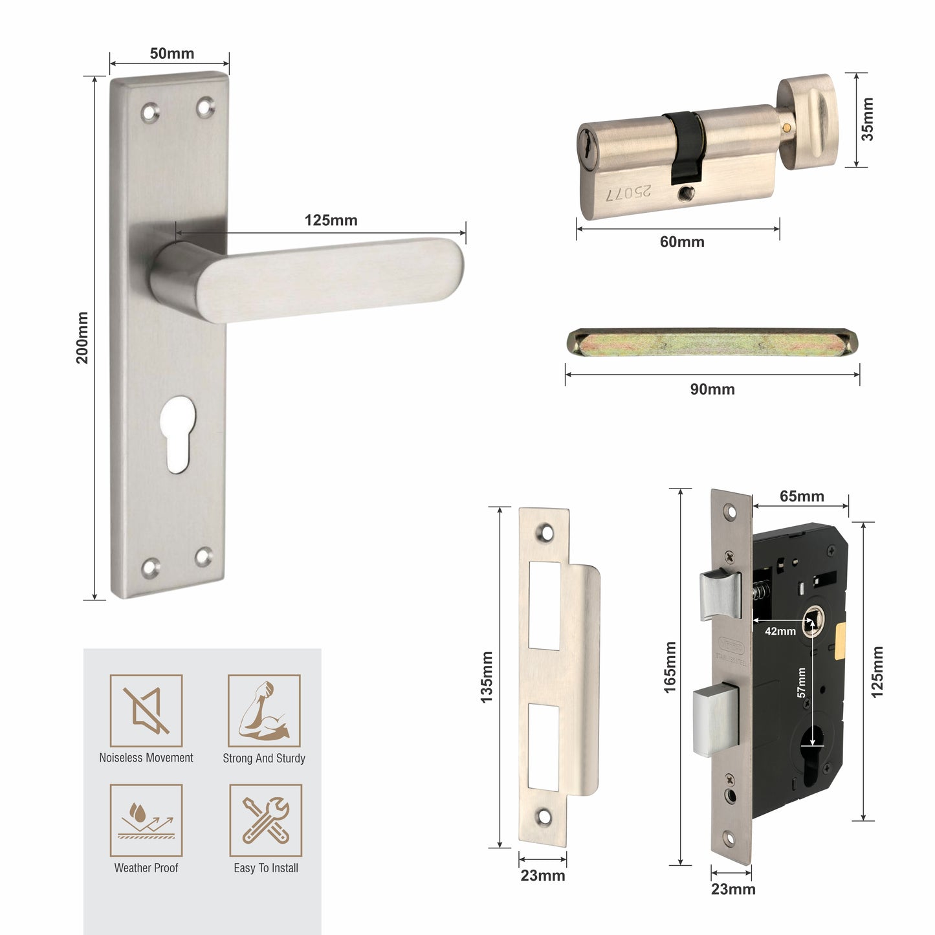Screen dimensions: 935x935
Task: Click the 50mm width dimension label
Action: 171,54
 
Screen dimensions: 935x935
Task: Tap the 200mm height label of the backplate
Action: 83,338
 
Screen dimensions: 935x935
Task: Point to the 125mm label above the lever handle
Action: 331,221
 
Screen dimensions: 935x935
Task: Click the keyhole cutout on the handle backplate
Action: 175,434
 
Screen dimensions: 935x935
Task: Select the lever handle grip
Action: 330,278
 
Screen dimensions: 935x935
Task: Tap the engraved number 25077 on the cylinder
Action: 628,193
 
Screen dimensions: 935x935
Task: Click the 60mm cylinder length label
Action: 681,242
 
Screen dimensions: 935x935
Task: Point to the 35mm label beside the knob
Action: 868,119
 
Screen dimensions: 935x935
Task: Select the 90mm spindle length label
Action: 712,390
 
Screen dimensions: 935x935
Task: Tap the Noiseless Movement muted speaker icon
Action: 146,710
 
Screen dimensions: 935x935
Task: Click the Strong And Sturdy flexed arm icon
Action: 264,710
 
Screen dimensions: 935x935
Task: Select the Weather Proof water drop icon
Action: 146,820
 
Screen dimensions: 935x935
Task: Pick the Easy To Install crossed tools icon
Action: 266,820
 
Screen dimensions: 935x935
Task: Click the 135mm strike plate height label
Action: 487,677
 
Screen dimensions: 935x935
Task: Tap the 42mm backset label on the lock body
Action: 780,631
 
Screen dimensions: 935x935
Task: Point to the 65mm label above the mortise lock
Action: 801,496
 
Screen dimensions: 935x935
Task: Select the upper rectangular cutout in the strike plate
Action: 544,606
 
